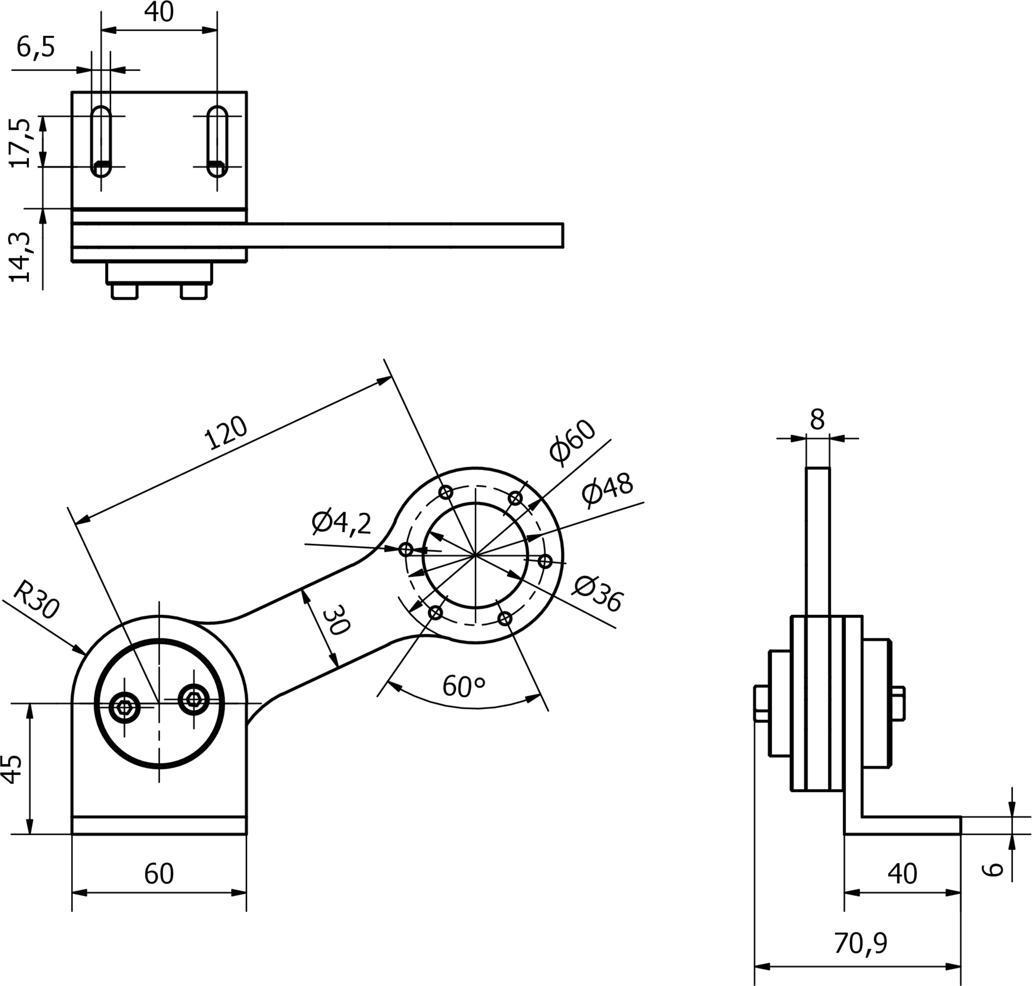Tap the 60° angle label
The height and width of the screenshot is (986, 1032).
pyautogui.click(x=464, y=686)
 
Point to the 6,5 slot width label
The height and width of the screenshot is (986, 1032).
pyautogui.click(x=36, y=47)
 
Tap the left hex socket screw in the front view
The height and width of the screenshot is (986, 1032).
pyautogui.click(x=125, y=707)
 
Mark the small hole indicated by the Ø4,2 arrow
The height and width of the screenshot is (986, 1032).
pyautogui.click(x=406, y=550)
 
